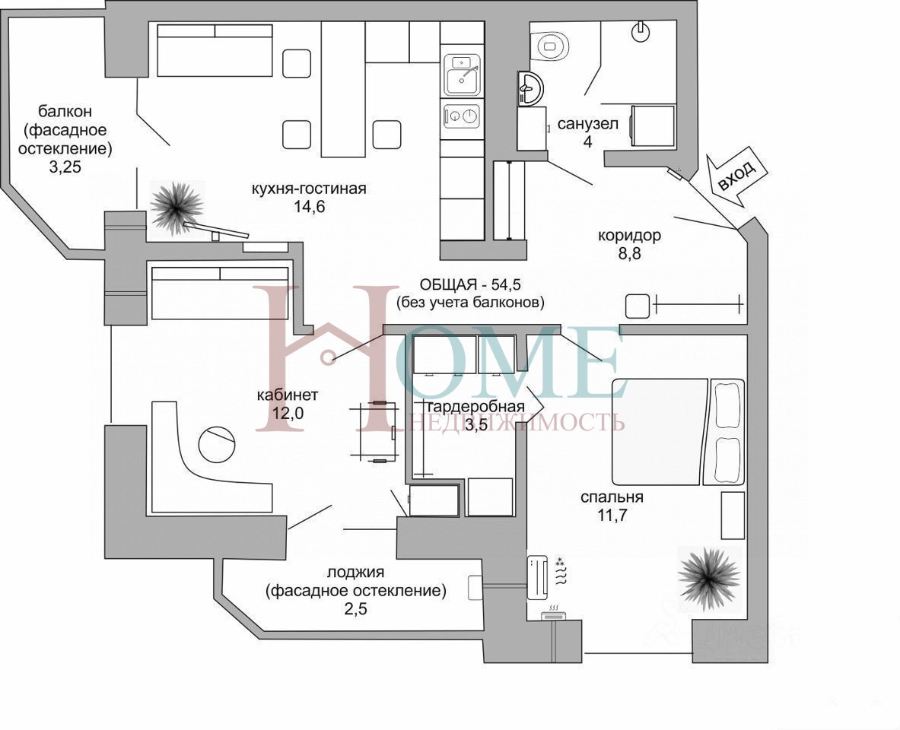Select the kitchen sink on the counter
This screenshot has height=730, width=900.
coord(462,75)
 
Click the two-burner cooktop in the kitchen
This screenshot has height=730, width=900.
coord(462,116)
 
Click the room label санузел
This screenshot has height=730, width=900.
coord(588,123)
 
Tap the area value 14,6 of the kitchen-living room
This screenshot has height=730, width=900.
coord(310,207)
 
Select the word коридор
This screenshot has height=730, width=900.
coord(629,235)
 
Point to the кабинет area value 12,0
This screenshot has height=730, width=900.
coord(288,413)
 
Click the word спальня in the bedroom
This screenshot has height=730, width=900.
coord(612,497)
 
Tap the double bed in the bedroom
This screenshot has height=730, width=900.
coord(678,432)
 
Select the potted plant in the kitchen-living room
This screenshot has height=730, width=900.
coord(177,207)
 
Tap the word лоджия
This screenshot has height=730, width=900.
coord(355,572)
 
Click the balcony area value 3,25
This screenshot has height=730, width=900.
coord(65,167)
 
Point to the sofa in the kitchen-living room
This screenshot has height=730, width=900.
coord(214,49)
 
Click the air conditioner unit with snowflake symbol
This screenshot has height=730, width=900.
coord(538,576)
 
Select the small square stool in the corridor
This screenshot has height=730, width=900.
coord(637,306)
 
